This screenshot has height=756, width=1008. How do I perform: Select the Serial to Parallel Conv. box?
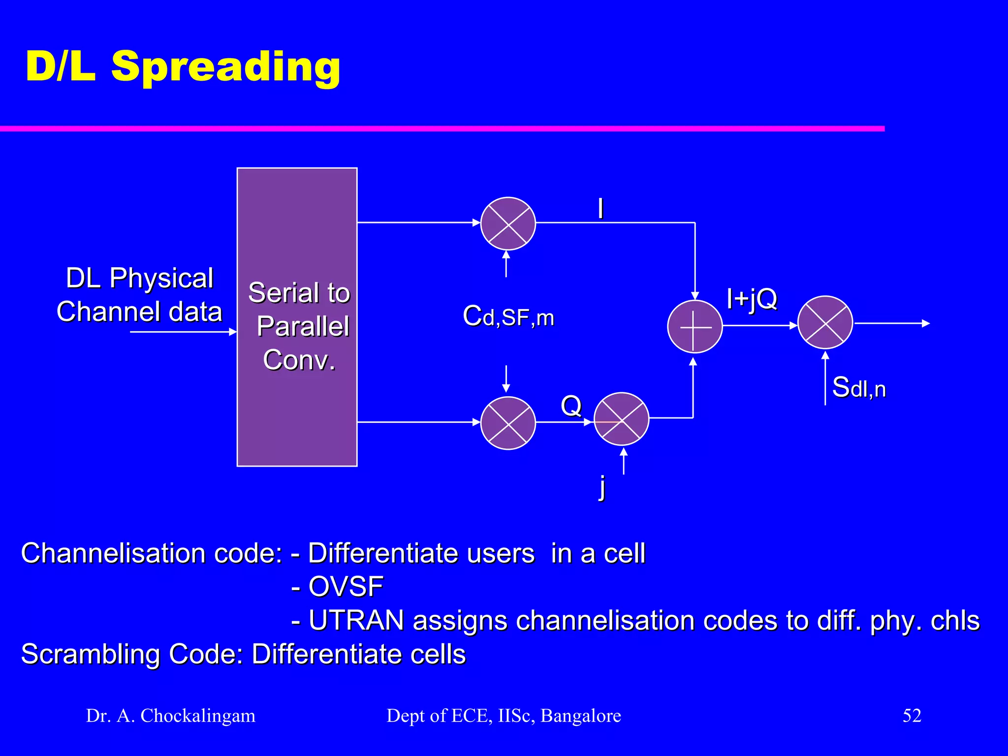point(297,317)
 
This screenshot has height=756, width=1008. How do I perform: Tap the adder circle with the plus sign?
point(694,326)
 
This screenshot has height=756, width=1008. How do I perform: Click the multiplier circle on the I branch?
point(507,223)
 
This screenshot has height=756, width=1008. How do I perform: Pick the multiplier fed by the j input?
point(621,419)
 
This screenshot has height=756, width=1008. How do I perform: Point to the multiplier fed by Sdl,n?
point(824,322)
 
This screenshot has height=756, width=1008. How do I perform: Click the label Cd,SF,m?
point(508,316)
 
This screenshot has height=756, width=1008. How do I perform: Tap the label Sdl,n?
point(858,387)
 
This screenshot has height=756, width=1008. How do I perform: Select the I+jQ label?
point(752,298)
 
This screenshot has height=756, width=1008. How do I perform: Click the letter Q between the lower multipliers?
point(571,406)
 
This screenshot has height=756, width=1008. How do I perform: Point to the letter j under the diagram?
point(602,487)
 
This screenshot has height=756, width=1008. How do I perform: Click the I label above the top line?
point(600,209)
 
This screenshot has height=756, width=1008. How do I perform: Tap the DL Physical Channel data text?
point(139,294)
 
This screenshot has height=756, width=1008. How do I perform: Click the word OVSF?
point(346,586)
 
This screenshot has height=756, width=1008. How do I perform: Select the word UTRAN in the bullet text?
point(356,620)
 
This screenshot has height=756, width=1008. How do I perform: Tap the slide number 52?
point(912,715)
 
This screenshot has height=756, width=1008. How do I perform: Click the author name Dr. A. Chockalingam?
point(171,716)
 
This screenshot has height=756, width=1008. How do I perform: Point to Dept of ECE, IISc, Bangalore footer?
point(504,716)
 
